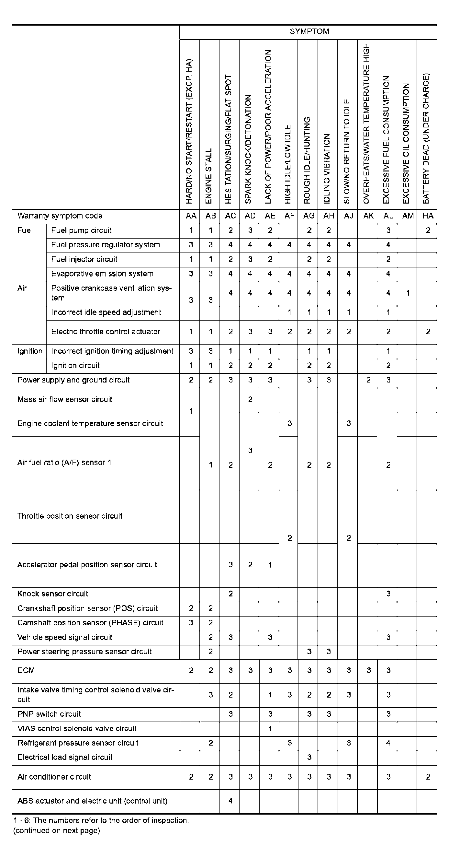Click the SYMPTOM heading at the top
tap(309, 32)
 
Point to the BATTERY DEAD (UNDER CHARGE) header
tap(426, 138)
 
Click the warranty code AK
tap(368, 216)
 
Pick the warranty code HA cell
tap(428, 216)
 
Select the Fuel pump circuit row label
tap(81, 230)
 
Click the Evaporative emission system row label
tap(102, 274)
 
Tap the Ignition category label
tap(30, 351)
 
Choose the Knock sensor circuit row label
tap(53, 594)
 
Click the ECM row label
tap(26, 670)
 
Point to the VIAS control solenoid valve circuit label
tap(77, 729)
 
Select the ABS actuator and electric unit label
tap(92, 801)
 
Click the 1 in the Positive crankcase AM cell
tap(408, 293)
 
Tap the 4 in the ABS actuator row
tap(230, 801)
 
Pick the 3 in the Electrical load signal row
tap(309, 757)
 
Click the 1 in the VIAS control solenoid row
tap(270, 729)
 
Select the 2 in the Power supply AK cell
tap(368, 380)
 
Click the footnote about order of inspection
tap(101, 820)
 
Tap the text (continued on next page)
tap(56, 830)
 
